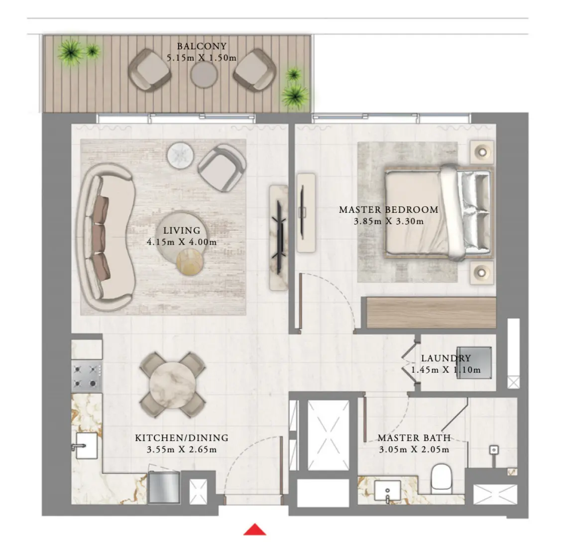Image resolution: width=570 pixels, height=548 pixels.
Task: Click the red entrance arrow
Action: point(254,530)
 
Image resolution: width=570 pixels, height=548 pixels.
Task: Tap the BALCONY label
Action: point(202,46)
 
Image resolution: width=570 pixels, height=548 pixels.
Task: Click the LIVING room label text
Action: point(182,231)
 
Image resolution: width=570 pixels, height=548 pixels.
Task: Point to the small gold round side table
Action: point(190,261)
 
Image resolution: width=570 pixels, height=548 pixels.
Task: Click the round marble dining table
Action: point(173,385)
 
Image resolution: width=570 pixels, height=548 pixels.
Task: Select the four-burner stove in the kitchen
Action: point(87,377)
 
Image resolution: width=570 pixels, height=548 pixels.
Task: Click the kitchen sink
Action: point(86,445)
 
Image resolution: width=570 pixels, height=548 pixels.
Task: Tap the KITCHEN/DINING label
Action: point(182,438)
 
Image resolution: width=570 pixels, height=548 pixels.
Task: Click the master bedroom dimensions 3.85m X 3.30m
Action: point(389,221)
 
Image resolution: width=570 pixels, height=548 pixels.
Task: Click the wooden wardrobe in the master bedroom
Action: point(431,312)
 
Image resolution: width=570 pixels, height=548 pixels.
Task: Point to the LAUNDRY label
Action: point(446,358)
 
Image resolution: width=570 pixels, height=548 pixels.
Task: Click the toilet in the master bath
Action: point(441,478)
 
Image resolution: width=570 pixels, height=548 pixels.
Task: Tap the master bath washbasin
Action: point(387,491)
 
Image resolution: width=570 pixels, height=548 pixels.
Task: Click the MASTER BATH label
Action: point(414,438)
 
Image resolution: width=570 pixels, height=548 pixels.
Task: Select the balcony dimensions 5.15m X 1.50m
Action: point(202,58)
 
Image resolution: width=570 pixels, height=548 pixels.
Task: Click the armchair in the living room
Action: point(222,167)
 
